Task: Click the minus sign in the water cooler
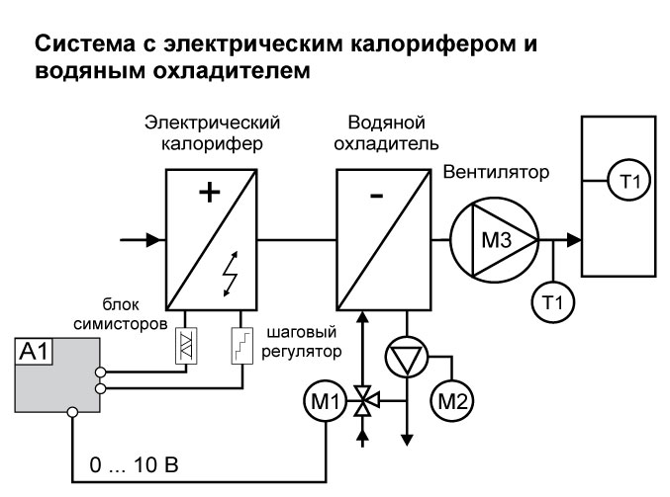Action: [376, 196]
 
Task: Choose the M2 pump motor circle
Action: [453, 400]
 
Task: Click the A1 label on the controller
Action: [35, 350]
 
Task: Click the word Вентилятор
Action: [495, 173]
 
